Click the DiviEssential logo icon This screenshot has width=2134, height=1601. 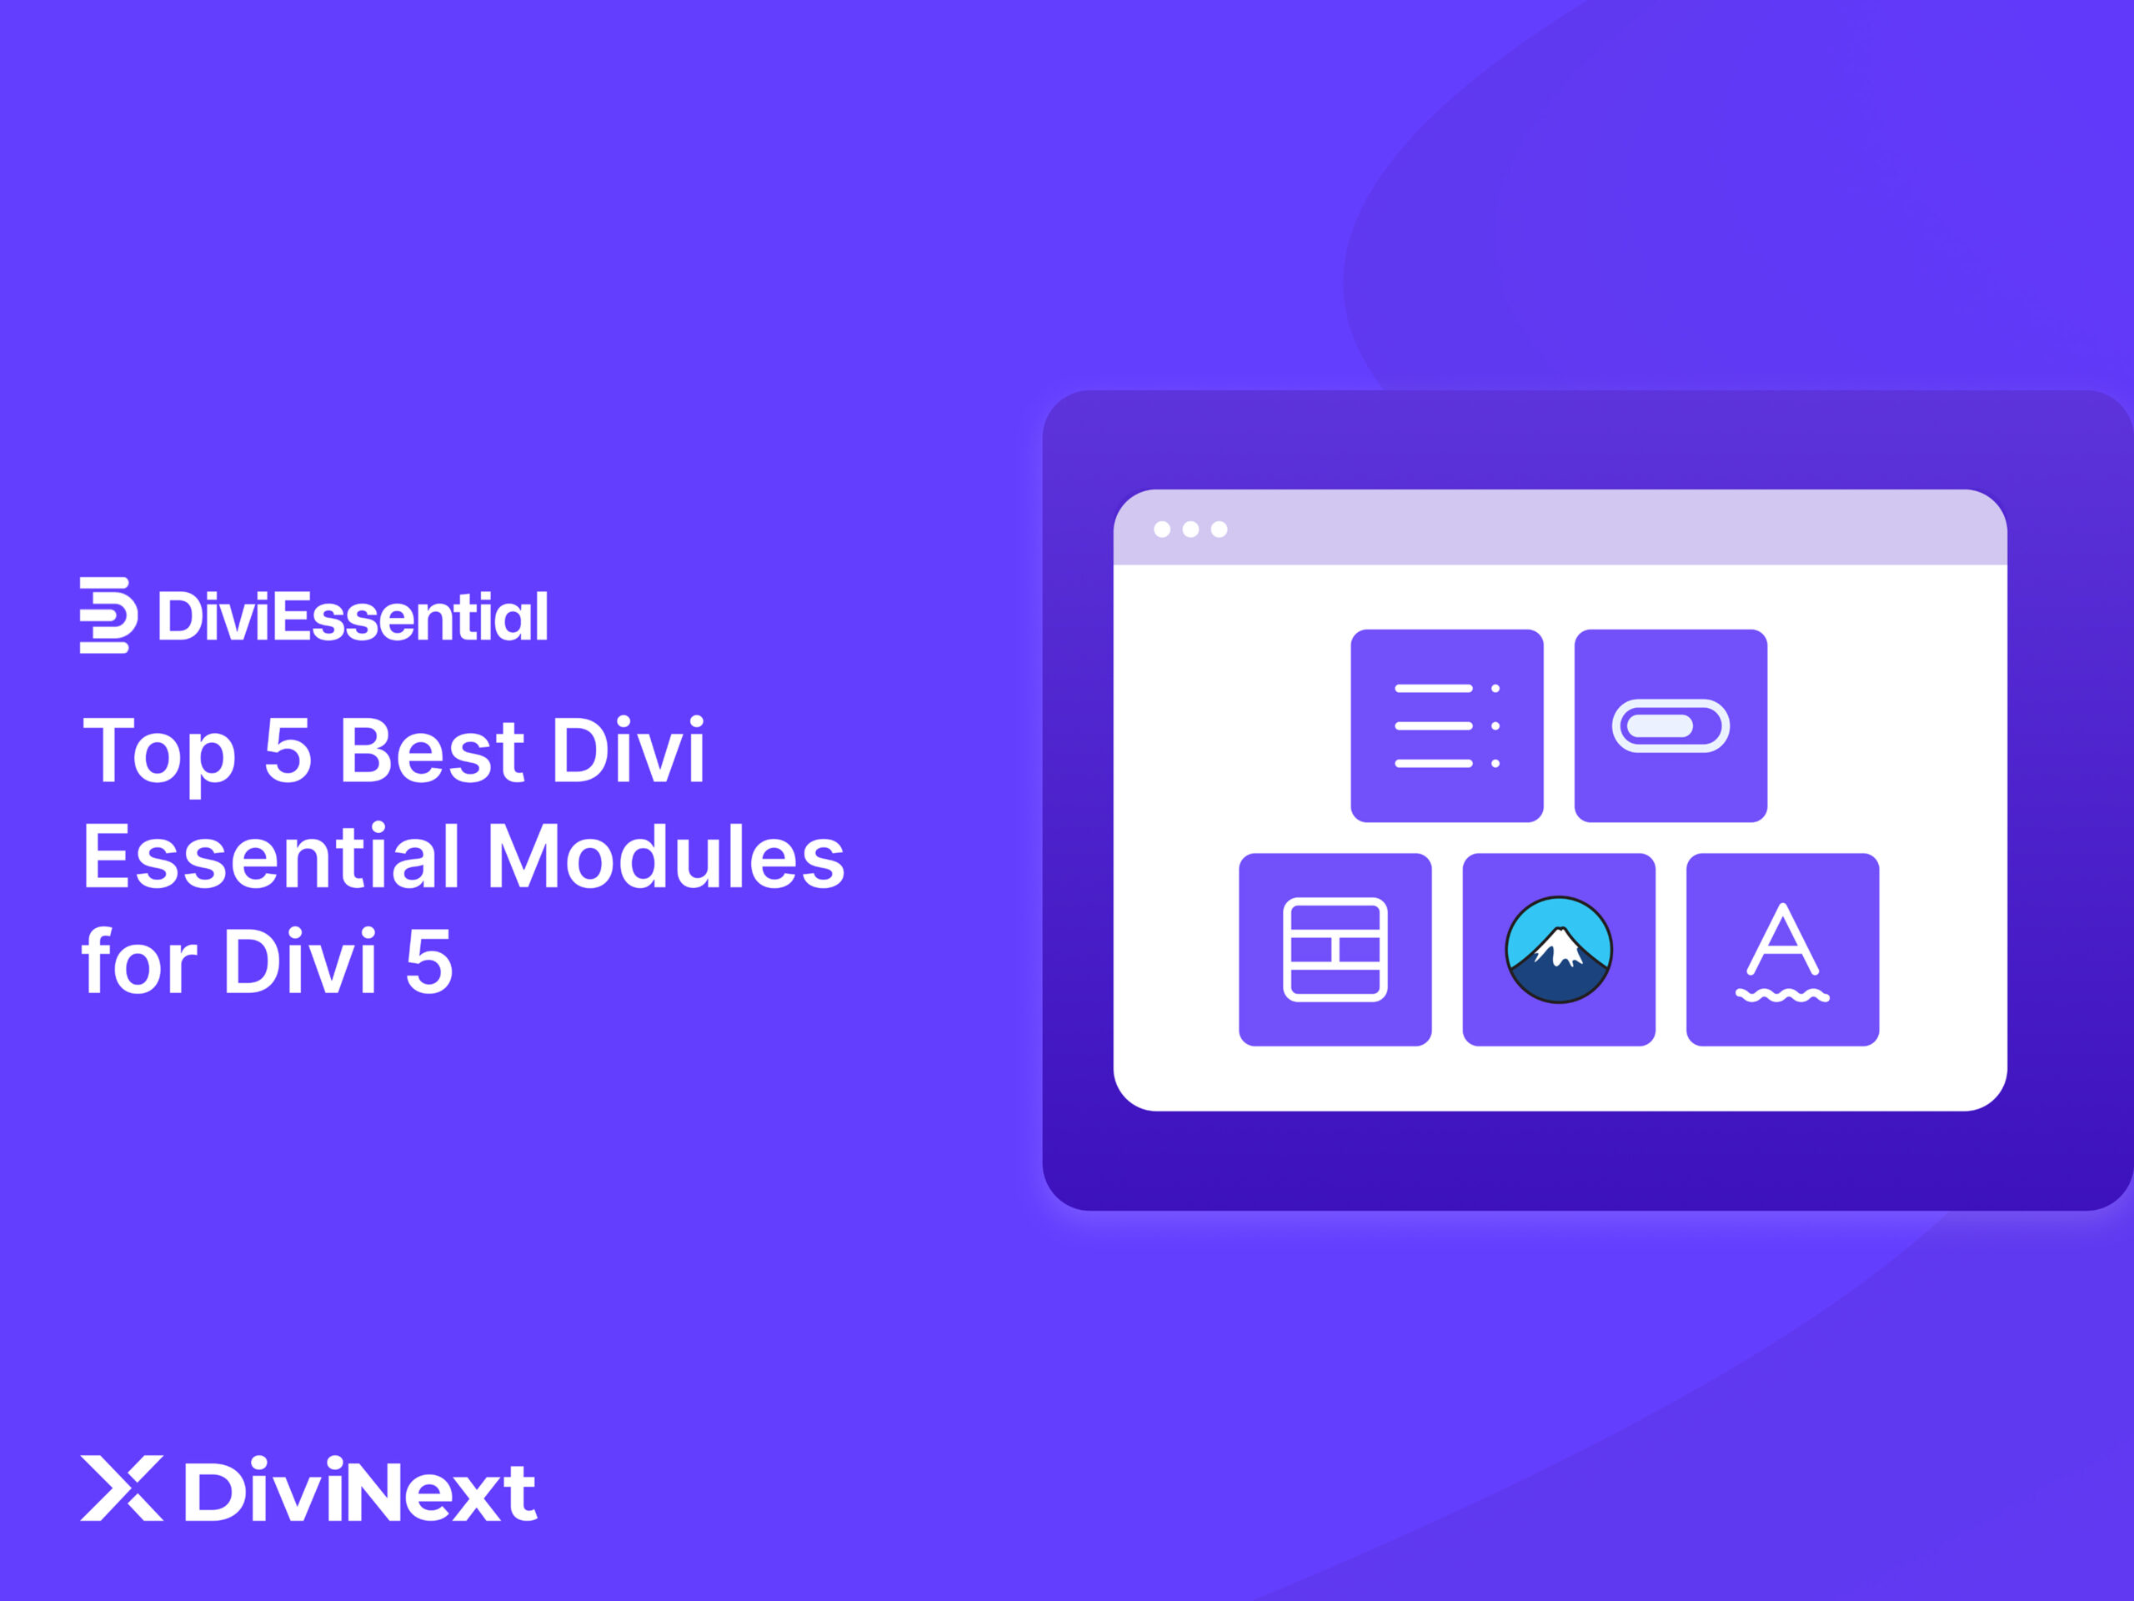click(x=107, y=615)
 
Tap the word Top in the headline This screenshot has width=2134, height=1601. click(x=159, y=753)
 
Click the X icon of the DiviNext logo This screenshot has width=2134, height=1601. click(x=122, y=1488)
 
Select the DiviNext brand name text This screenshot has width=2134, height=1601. click(x=360, y=1490)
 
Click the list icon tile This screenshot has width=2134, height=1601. click(x=1446, y=725)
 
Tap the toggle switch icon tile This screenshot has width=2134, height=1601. click(x=1670, y=725)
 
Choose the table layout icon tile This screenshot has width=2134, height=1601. click(x=1335, y=950)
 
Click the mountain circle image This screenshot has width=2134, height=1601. click(x=1558, y=950)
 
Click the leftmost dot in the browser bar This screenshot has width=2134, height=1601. click(x=1163, y=529)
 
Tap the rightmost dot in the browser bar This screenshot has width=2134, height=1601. click(x=1220, y=529)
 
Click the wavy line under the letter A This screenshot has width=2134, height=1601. click(x=1782, y=995)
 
